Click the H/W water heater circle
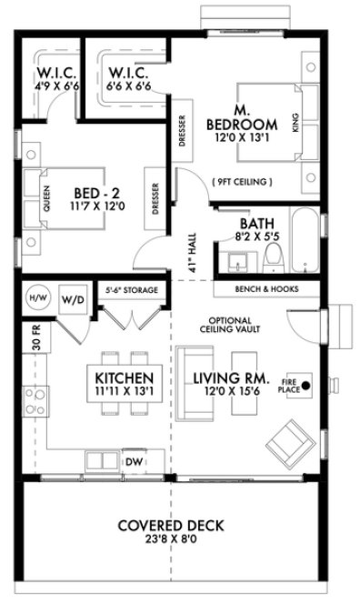pos(37,297)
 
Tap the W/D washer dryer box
pos(71,298)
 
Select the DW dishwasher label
pos(132,460)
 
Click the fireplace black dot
pos(305,385)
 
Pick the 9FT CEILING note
pos(240,182)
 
